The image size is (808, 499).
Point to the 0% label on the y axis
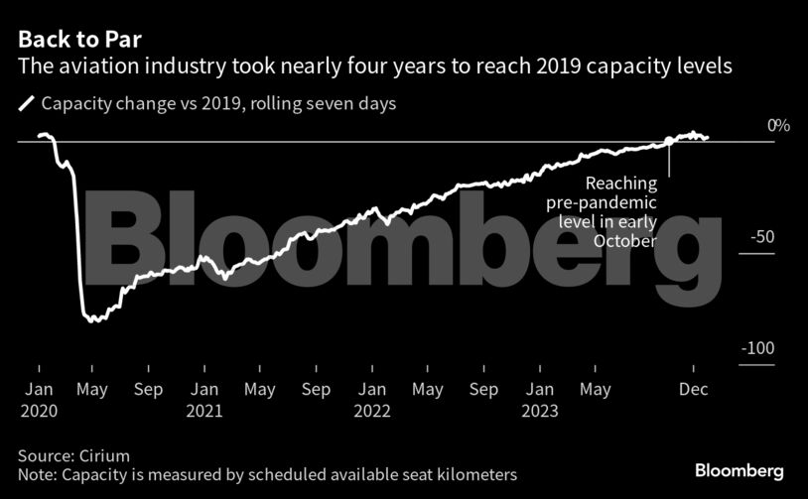779,126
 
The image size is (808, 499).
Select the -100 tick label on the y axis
758,348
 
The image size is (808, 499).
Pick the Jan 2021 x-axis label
204,400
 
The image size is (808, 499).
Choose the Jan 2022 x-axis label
372,400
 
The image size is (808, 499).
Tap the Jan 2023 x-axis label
540,400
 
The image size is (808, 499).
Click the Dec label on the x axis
691,390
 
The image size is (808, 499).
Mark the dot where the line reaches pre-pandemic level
669,141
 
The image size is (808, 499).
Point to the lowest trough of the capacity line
92,319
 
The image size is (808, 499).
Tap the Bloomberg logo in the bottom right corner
740,470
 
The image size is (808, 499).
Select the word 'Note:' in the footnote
38,475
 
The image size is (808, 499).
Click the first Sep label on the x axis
148,390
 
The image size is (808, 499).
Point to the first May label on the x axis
92,390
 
